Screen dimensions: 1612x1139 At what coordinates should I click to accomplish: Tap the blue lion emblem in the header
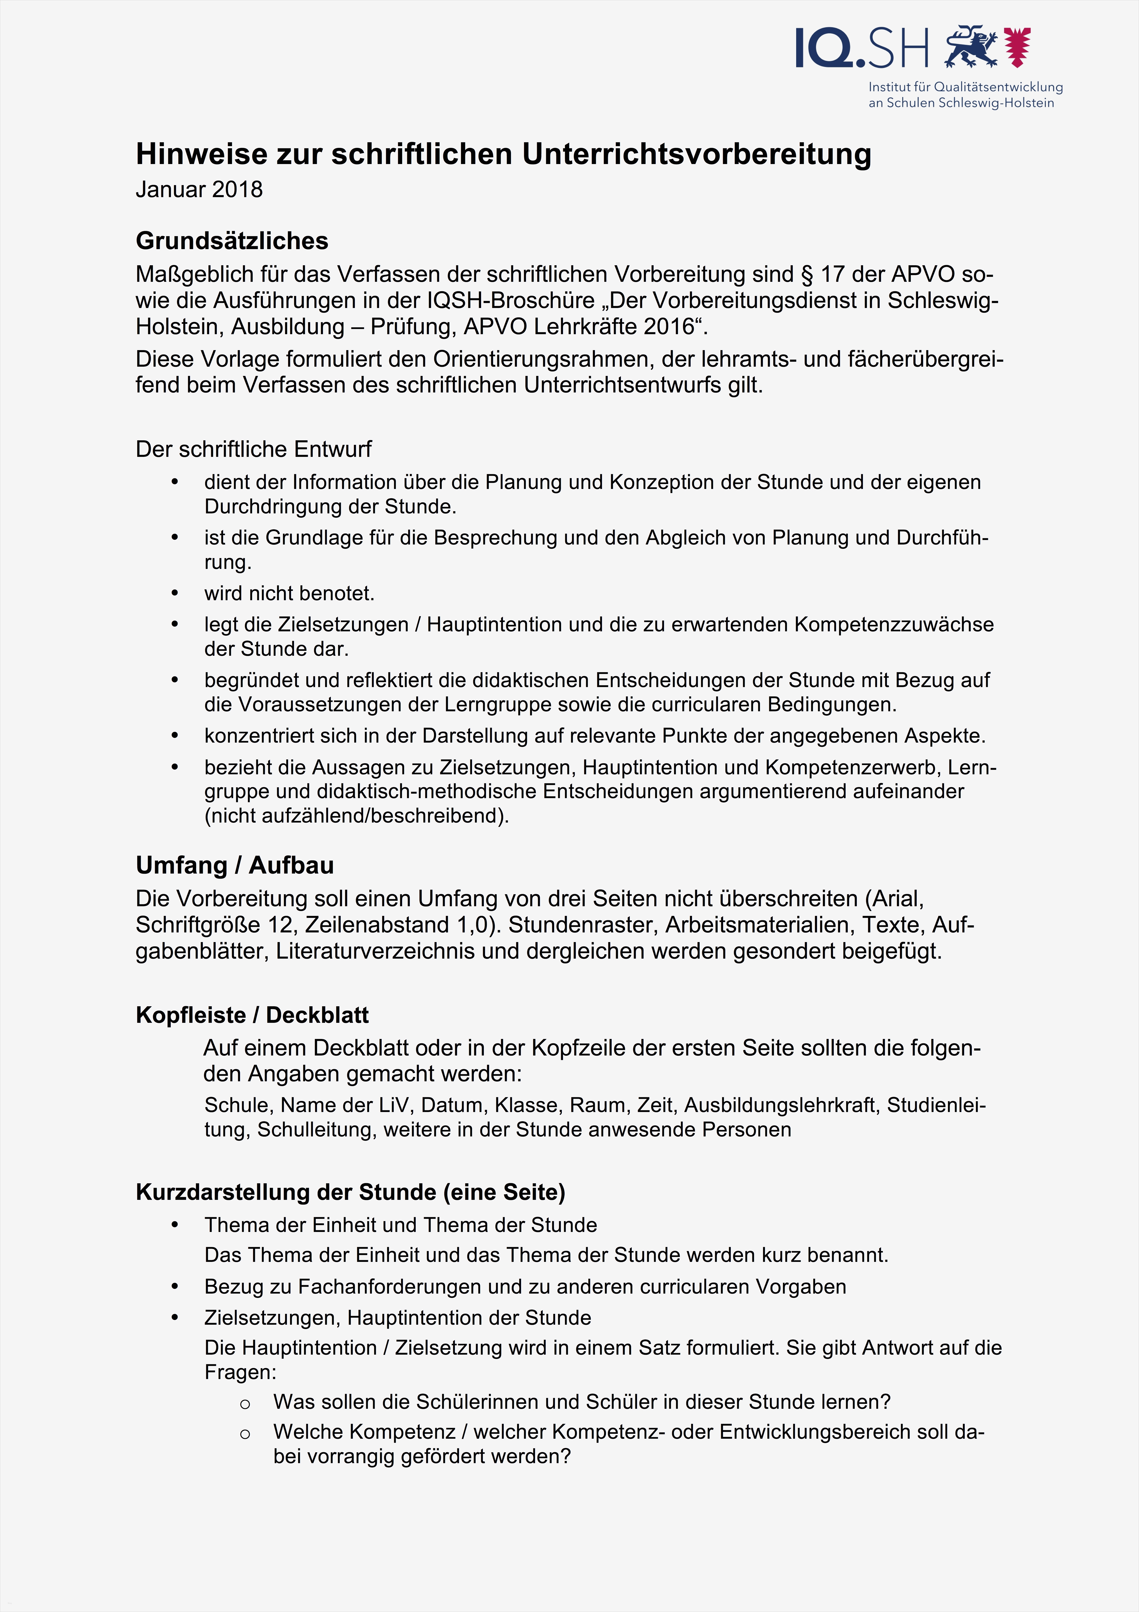coord(971,47)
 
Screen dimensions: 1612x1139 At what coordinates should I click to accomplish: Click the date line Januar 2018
coord(199,190)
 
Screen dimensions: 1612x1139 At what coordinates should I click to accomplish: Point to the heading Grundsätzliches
coord(232,241)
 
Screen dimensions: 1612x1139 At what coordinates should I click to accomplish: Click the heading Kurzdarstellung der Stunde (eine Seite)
coord(350,1192)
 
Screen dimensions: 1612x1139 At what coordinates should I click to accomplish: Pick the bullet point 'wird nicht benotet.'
coord(289,593)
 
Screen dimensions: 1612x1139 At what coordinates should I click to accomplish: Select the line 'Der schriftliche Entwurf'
coord(253,449)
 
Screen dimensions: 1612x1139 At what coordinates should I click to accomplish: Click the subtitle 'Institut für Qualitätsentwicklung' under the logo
coord(966,87)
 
